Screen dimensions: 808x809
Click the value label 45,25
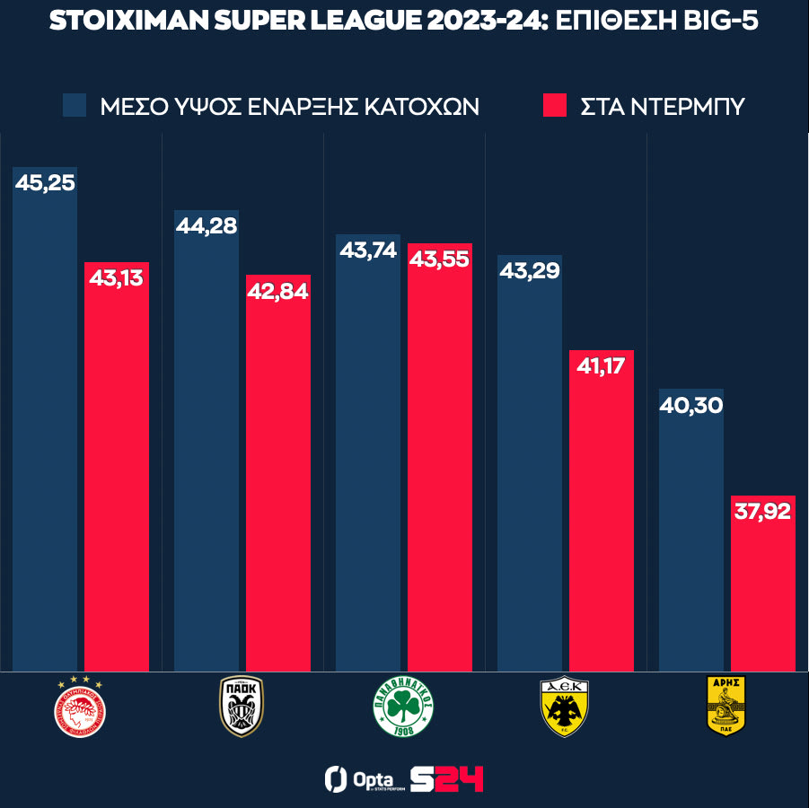click(45, 182)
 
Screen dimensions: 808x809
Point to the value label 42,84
click(278, 291)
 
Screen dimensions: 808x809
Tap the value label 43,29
click(530, 270)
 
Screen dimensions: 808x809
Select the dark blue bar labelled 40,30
click(691, 539)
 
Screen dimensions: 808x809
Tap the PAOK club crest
click(242, 707)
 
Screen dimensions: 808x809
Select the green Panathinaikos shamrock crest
click(404, 707)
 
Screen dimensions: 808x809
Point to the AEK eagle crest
click(565, 707)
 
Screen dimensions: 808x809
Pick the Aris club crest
click(727, 707)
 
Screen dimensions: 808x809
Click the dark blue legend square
click(75, 105)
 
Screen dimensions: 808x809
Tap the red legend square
click(556, 105)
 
